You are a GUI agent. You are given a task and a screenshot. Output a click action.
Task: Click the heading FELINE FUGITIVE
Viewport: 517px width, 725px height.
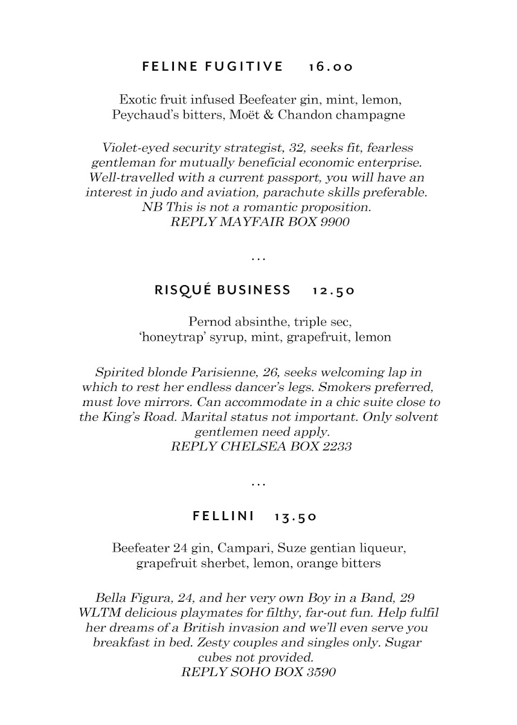coord(213,66)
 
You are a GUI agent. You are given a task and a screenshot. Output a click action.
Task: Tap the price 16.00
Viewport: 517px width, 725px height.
coord(330,66)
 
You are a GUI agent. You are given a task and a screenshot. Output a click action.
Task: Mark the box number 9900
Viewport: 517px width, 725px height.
coord(335,222)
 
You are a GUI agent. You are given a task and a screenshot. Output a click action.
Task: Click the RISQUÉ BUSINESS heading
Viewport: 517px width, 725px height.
coord(223,290)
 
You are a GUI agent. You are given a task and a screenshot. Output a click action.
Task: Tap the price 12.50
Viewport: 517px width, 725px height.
coord(334,291)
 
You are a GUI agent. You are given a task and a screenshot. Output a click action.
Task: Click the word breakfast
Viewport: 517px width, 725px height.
coord(122,642)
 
